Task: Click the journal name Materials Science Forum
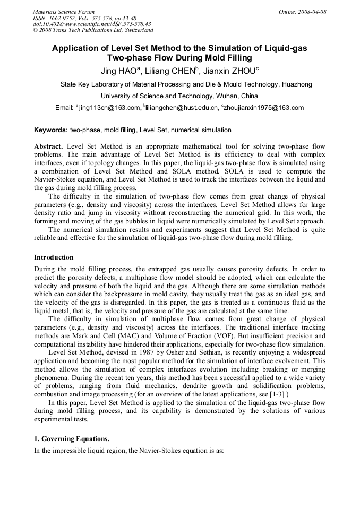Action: click(64, 12)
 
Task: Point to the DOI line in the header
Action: click(92, 24)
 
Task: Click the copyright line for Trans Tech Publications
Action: click(93, 30)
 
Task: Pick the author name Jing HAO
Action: click(119, 71)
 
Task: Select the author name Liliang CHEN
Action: click(172, 71)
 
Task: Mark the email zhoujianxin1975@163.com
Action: click(264, 108)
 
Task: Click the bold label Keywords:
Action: click(51, 130)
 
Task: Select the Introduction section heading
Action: click(54, 257)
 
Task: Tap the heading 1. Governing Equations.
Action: click(72, 439)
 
